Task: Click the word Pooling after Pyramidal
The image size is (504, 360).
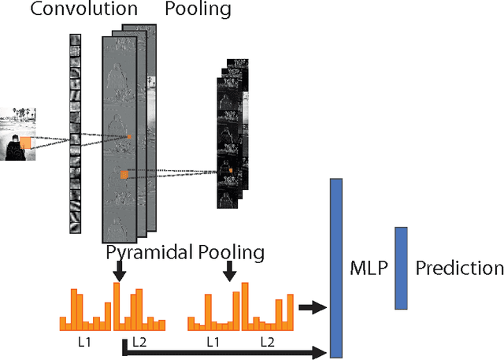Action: (x=231, y=252)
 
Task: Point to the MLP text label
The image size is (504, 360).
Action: (x=369, y=269)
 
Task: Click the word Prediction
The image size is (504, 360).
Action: (x=459, y=269)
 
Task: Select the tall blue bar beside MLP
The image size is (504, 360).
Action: (x=336, y=268)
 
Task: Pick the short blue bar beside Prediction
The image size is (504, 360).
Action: (x=401, y=268)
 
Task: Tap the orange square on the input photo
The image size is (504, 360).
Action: (x=26, y=142)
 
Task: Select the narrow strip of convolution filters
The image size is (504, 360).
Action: (x=76, y=134)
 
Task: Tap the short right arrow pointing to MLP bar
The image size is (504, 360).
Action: (x=313, y=306)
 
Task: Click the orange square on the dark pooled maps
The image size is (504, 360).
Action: (x=231, y=169)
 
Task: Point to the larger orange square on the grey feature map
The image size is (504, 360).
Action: (x=124, y=175)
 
